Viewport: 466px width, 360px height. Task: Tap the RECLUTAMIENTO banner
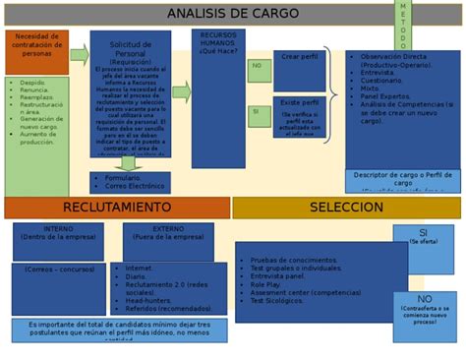pos(116,208)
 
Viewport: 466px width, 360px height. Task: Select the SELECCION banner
pos(345,208)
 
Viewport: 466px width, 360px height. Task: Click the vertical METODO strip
pos(403,26)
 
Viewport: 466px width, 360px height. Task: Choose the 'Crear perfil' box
pos(300,58)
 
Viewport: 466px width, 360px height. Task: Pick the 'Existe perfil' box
pos(300,102)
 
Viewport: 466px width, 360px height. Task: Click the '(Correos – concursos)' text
pos(57,268)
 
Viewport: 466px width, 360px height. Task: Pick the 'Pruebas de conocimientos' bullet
pos(295,260)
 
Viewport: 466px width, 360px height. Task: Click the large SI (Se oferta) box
pos(423,234)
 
